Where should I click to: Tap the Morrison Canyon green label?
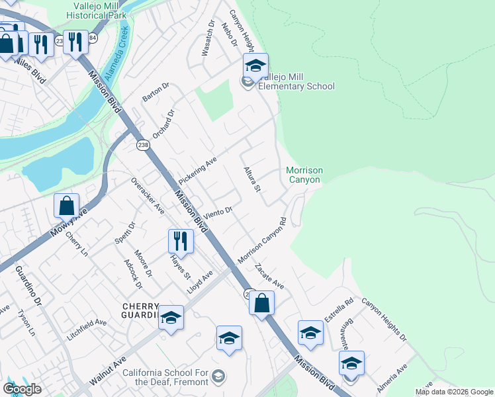pos(304,175)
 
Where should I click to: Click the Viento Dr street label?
pos(218,212)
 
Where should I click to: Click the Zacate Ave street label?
pos(269,275)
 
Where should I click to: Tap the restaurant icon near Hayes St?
pos(180,241)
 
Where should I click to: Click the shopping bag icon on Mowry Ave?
pos(67,206)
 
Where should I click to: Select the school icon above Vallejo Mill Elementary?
pos(255,66)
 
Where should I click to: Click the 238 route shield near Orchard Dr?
pos(142,145)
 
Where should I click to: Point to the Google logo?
pos(22,389)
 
